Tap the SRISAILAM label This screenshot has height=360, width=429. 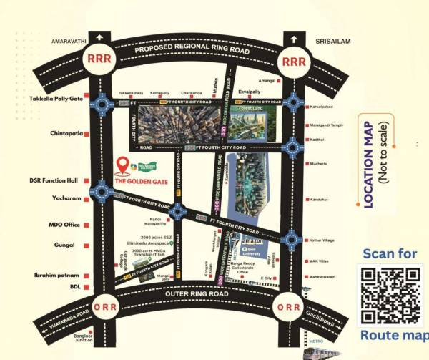click(333, 42)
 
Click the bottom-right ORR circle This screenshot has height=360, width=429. click(289, 308)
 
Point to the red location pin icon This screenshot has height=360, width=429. click(122, 167)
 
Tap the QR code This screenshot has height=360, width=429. click(390, 296)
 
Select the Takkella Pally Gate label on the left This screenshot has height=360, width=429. click(56, 99)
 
